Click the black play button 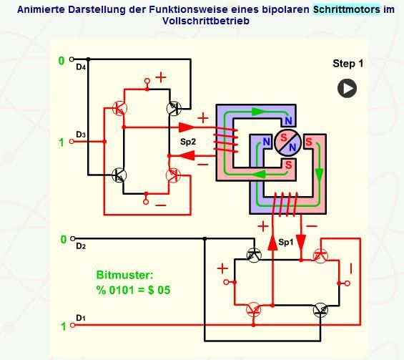click(x=347, y=89)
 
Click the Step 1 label click(x=348, y=64)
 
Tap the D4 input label click(x=81, y=67)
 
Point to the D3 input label click(x=81, y=135)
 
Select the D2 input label click(x=81, y=246)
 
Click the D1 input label click(x=81, y=318)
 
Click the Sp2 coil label click(x=188, y=142)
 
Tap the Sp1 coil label click(x=286, y=242)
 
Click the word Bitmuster click(x=124, y=275)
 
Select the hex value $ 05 click(x=159, y=290)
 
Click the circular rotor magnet click(x=287, y=143)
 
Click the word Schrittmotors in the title click(x=347, y=9)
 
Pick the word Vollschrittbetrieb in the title click(x=206, y=21)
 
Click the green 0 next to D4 click(x=61, y=61)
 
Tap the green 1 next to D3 click(x=61, y=142)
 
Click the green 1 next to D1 click(x=64, y=327)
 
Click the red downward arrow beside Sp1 click(x=301, y=243)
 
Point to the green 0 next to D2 click(x=64, y=240)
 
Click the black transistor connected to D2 click(x=254, y=256)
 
